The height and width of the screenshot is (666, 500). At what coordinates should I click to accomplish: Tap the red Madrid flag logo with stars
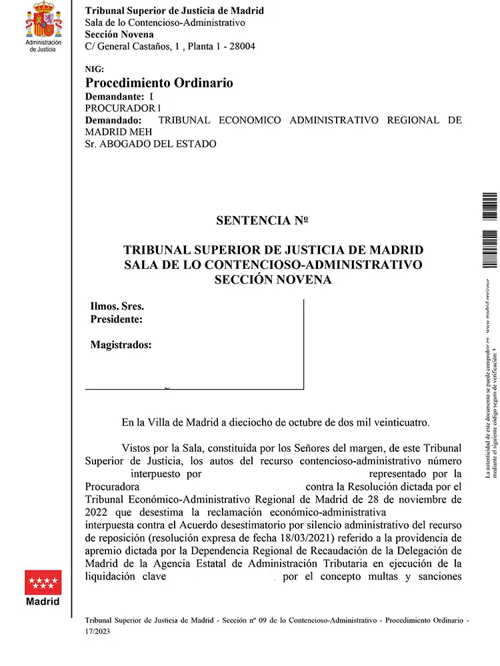pyautogui.click(x=43, y=583)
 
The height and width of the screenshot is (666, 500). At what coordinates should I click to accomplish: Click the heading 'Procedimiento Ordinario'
pyautogui.click(x=159, y=83)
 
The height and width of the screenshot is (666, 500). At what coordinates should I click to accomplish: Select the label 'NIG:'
pyautogui.click(x=95, y=69)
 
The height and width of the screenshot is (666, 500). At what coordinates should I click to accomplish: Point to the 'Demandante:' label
pyautogui.click(x=115, y=97)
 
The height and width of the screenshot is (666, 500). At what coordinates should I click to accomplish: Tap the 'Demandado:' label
pyautogui.click(x=113, y=120)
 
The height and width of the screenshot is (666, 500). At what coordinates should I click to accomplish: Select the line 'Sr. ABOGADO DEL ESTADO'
pyautogui.click(x=151, y=143)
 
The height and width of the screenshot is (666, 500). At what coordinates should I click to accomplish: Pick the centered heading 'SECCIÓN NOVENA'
pyautogui.click(x=273, y=280)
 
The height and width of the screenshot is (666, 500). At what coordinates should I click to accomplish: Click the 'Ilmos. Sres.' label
pyautogui.click(x=117, y=307)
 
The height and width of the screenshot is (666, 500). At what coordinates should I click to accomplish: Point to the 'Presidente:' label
pyautogui.click(x=117, y=320)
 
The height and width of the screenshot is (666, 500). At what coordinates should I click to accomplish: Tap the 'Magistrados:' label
pyautogui.click(x=121, y=345)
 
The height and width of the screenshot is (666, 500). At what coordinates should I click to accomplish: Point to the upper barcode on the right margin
pyautogui.click(x=489, y=208)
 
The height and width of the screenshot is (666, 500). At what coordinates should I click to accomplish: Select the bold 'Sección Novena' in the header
pyautogui.click(x=120, y=34)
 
